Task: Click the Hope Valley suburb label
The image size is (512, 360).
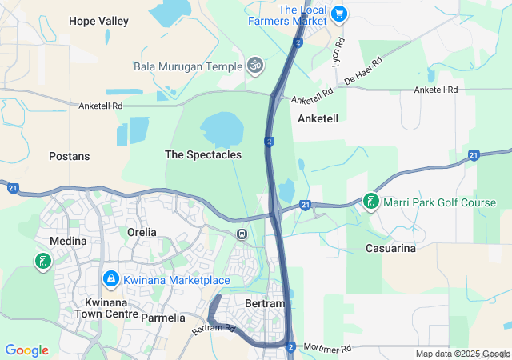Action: coord(98,22)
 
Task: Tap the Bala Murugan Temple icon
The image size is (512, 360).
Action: coord(255,64)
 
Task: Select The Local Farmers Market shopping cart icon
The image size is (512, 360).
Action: coord(338,13)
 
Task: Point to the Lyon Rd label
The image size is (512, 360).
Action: coord(338,50)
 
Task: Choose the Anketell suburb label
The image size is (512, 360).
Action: coord(318,118)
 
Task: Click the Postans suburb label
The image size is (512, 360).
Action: coord(69,156)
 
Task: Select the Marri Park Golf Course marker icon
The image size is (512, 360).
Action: coord(371,202)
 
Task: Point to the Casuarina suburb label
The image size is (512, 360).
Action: coord(390,249)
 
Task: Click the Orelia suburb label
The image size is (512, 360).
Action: coord(142,232)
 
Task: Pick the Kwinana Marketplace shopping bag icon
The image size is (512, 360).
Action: coord(110,279)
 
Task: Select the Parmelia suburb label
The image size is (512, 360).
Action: coord(162,318)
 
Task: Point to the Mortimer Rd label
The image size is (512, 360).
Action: coord(328,349)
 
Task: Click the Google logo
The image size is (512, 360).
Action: coord(26,350)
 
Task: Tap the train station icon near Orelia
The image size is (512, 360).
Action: coord(241,234)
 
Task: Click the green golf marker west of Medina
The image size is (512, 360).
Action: coord(42,261)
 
